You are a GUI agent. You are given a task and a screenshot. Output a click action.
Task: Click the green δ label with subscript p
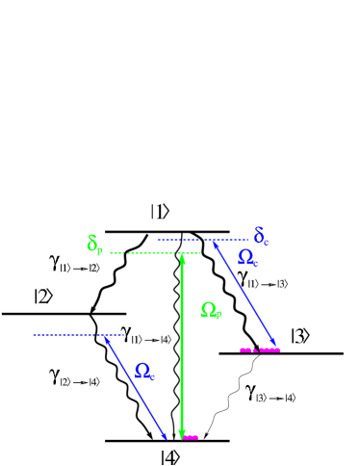click(94, 245)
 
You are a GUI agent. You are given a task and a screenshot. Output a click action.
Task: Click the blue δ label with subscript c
click(261, 236)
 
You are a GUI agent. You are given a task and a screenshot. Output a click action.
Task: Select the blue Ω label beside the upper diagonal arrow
click(247, 258)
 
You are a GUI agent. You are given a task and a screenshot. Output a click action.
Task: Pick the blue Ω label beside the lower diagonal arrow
click(144, 371)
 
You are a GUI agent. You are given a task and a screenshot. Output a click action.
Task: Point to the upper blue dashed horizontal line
click(202, 240)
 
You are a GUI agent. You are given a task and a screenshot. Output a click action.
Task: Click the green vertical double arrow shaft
click(182, 347)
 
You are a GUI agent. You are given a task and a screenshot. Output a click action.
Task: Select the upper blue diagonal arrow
click(245, 295)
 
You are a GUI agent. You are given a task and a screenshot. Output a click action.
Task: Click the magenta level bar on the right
click(260, 349)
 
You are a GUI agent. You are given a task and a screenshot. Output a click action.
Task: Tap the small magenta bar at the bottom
click(190, 437)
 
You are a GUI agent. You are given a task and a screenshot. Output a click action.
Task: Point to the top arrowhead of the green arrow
click(182, 257)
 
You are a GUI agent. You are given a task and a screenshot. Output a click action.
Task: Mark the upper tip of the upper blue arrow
click(215, 244)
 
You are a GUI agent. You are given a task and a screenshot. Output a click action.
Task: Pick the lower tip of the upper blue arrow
click(276, 346)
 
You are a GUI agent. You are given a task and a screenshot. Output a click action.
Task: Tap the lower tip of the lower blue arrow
click(166, 438)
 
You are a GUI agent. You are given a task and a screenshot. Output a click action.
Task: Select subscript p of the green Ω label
click(219, 315)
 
